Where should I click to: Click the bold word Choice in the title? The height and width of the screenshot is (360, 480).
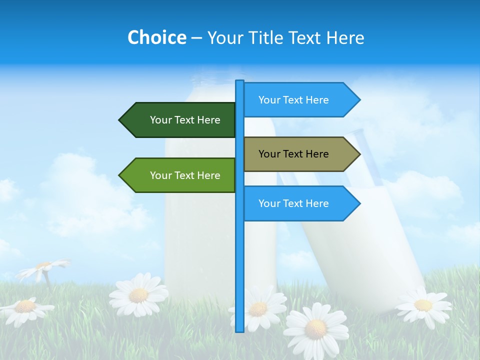tap(156, 37)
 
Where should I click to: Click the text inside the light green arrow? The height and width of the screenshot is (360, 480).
tap(185, 175)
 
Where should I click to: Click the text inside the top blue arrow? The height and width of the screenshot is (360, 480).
tap(293, 100)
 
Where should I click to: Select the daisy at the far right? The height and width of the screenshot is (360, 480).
tap(423, 304)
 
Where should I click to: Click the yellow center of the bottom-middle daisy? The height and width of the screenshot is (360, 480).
tap(315, 328)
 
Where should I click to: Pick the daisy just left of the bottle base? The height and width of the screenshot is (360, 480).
tap(138, 295)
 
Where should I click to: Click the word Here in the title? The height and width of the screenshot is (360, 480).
tap(345, 37)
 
